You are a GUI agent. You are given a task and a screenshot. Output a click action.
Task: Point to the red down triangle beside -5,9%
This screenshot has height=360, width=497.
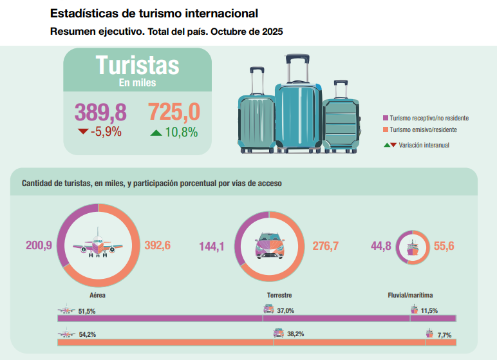pos(83,132)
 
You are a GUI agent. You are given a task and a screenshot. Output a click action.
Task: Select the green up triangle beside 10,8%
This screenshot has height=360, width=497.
pos(156,133)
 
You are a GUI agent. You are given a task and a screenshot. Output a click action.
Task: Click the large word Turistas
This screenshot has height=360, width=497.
pos(137,65)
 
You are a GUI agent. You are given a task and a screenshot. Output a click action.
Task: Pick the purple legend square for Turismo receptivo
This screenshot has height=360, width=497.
pos(386,118)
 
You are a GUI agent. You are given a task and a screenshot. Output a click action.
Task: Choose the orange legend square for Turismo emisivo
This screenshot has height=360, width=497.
pos(386,129)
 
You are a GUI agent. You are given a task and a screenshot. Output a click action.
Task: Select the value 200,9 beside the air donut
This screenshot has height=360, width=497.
pos(39,245)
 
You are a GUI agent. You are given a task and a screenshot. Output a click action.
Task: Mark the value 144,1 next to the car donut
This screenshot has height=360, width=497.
pos(212,245)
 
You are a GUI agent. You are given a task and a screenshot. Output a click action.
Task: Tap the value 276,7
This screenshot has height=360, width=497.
pos(325,245)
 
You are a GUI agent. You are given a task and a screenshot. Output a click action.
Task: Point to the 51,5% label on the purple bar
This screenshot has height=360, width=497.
pos(87,311)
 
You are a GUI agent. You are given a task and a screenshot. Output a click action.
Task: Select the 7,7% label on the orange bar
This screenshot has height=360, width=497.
pos(444,334)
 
